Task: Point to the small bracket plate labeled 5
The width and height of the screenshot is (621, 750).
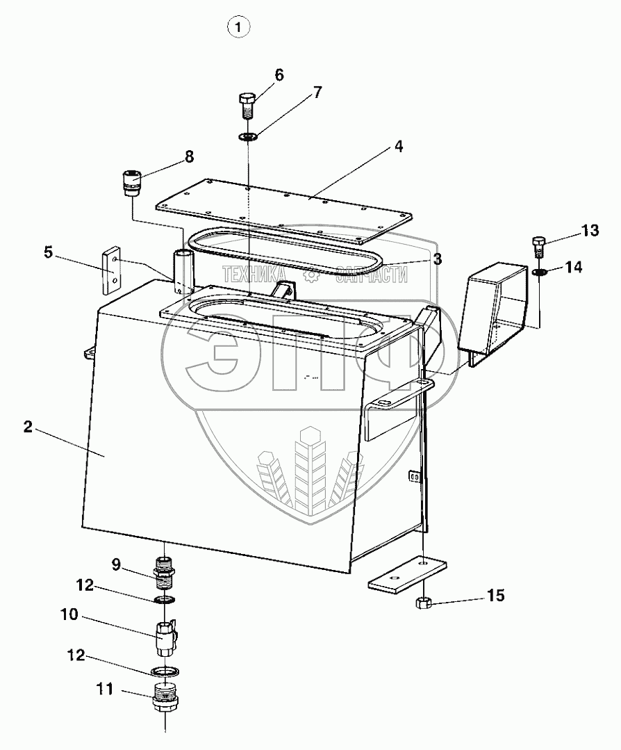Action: [x=112, y=272]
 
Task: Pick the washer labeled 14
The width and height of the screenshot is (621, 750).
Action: [x=539, y=272]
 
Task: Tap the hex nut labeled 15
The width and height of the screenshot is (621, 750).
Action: [x=422, y=603]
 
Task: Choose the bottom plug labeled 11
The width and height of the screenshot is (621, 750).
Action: [x=165, y=694]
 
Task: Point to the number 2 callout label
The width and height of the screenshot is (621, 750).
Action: [x=28, y=427]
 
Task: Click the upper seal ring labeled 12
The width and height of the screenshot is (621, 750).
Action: [x=165, y=599]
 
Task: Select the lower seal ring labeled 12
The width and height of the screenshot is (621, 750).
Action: [x=165, y=671]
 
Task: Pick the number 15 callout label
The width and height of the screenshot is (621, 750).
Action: [x=495, y=596]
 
